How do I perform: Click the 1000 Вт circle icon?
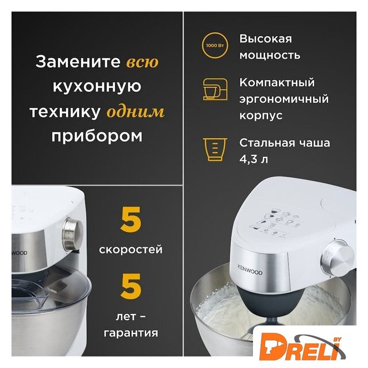[214, 45]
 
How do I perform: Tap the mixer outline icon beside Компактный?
[215, 89]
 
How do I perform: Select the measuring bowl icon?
[214, 149]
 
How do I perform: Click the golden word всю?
[143, 62]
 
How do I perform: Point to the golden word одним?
[136, 112]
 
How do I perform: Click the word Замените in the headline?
[78, 62]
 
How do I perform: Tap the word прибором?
[97, 136]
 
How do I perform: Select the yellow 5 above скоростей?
[131, 220]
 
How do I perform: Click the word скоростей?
[131, 249]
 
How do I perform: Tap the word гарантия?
[131, 333]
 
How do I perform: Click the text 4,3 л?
[254, 159]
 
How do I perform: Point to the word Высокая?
[266, 39]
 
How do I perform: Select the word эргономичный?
[284, 99]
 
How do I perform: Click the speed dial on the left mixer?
[73, 234]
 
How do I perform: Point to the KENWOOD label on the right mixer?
[250, 270]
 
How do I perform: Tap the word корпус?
[260, 116]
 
